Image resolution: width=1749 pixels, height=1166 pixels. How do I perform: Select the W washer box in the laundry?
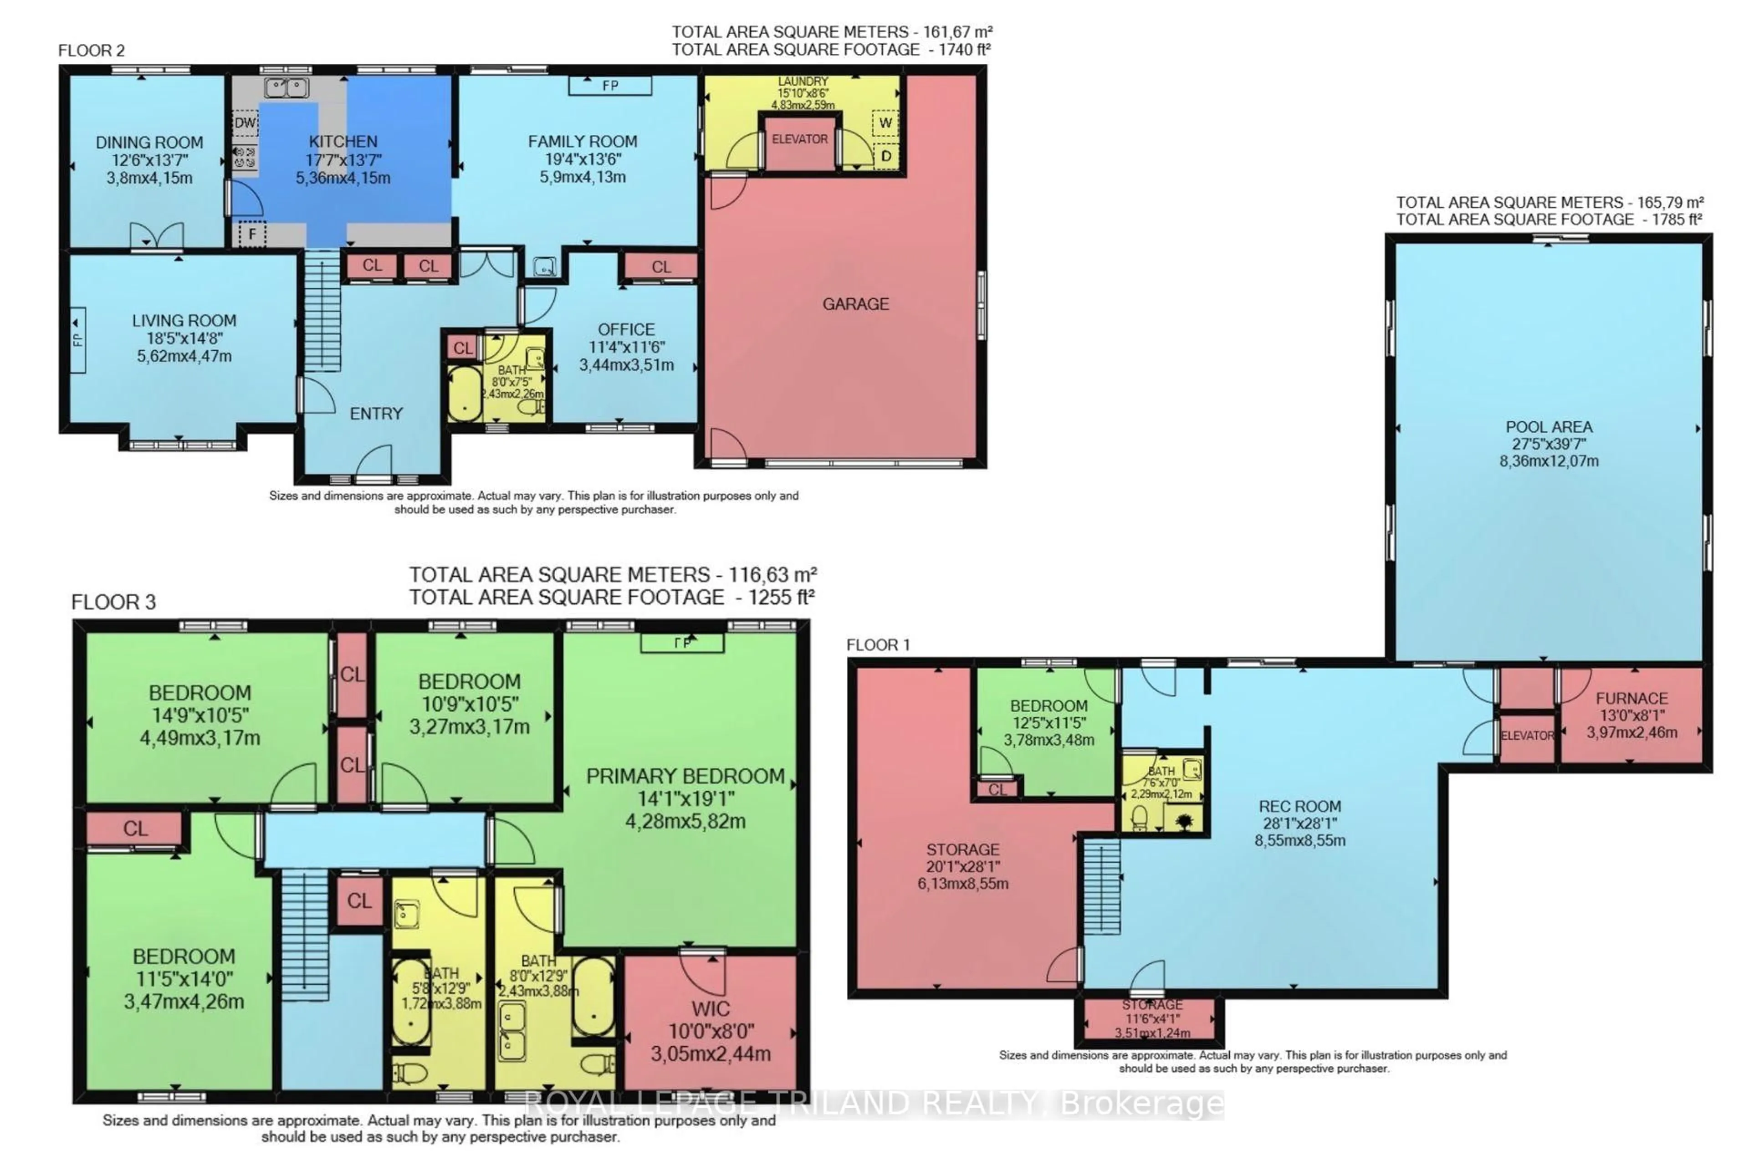[885, 123]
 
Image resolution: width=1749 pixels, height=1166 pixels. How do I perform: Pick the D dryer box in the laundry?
[885, 156]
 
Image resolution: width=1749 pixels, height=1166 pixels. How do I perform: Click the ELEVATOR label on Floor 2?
[799, 139]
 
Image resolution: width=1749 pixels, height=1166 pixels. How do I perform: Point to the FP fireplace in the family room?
[610, 86]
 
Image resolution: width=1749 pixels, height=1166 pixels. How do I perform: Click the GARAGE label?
[855, 303]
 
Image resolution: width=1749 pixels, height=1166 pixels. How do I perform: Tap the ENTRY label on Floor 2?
[376, 414]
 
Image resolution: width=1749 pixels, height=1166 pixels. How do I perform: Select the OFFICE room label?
[626, 329]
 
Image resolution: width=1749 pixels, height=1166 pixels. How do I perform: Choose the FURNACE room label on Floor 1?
[1631, 698]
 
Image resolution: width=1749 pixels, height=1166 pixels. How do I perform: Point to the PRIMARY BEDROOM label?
[685, 776]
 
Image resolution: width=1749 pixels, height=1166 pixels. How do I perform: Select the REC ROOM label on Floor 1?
[1300, 806]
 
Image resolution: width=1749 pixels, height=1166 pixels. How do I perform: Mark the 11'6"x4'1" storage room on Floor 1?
[1151, 1019]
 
